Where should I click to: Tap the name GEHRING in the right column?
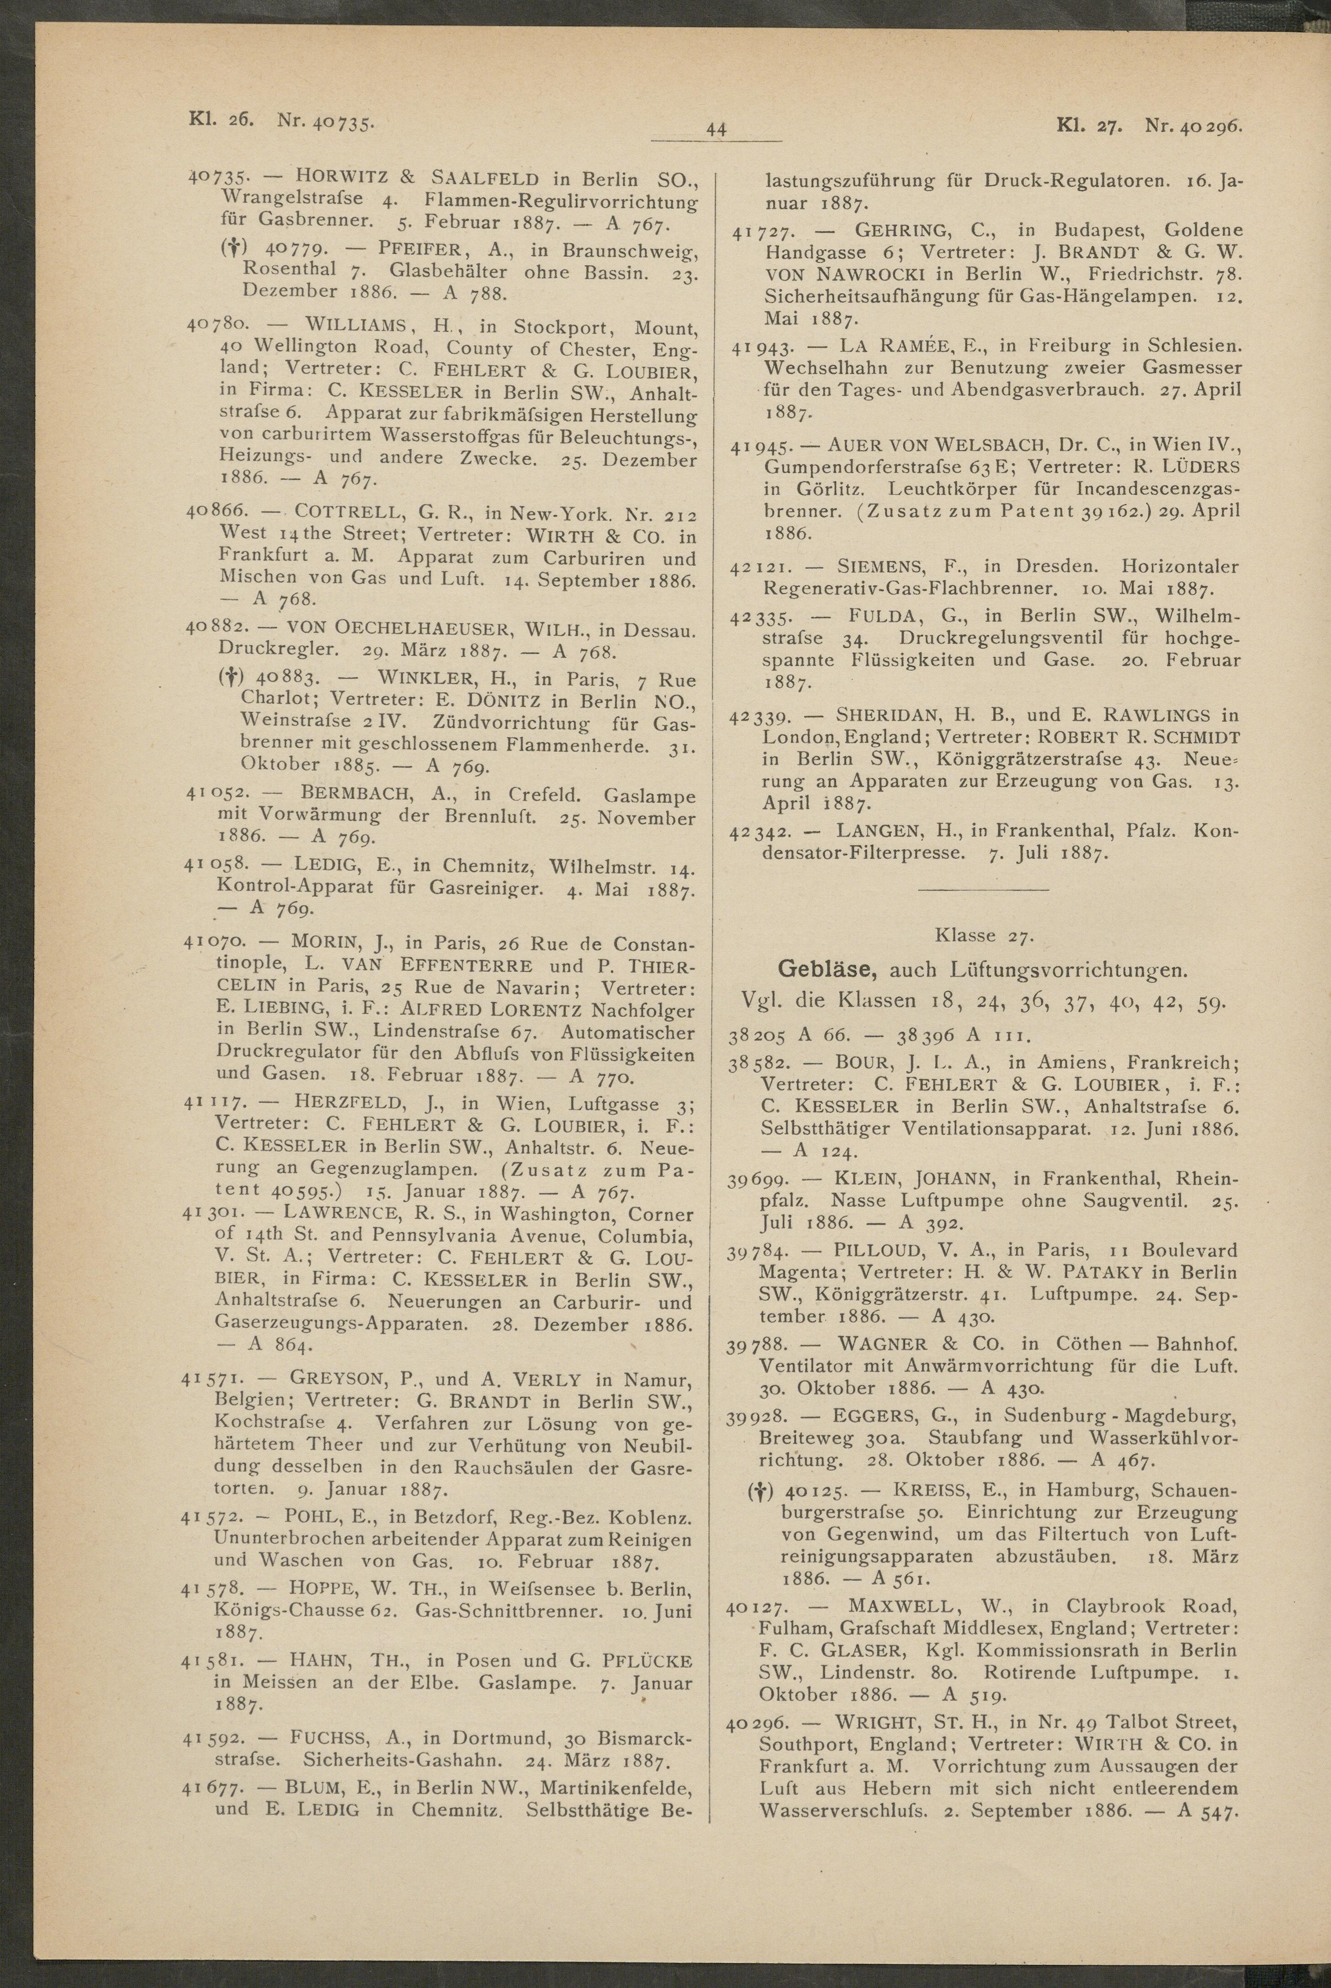coord(894,230)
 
